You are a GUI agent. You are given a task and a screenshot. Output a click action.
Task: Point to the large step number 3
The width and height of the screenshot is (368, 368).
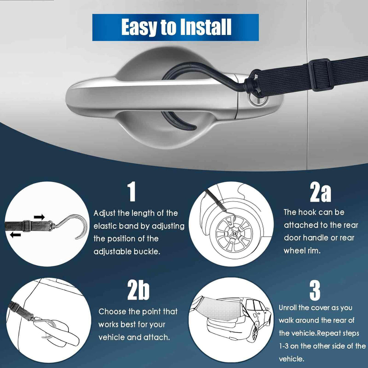click(x=315, y=291)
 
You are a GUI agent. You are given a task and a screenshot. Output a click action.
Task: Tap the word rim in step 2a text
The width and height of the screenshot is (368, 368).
click(x=315, y=251)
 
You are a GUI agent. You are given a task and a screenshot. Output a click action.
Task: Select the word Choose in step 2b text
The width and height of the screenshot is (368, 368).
click(x=112, y=312)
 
